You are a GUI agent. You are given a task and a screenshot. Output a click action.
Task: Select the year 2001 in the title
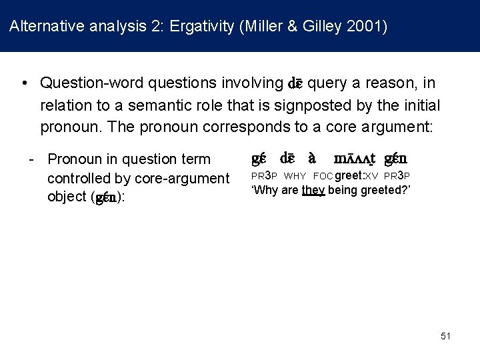[x=369, y=27]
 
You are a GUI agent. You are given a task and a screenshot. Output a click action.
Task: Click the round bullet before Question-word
[x=24, y=83]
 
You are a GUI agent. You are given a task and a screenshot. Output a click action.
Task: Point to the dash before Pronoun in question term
[x=31, y=159]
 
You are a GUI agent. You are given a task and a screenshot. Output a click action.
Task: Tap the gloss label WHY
[x=295, y=176]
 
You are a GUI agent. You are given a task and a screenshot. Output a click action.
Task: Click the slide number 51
[x=446, y=336]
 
